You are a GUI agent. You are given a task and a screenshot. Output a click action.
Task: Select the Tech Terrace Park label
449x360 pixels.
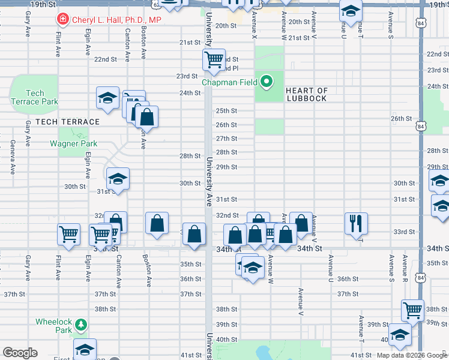[x=34, y=97]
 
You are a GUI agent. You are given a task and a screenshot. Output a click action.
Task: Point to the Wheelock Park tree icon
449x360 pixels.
[x=80, y=326]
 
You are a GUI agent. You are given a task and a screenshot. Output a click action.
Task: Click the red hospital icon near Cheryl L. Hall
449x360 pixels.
[x=62, y=20]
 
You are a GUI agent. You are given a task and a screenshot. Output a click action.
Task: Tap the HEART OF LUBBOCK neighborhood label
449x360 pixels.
[x=306, y=94]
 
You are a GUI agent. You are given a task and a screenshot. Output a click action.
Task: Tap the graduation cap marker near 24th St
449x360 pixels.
[x=108, y=98]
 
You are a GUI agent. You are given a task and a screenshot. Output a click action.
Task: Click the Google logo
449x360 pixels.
[x=20, y=353]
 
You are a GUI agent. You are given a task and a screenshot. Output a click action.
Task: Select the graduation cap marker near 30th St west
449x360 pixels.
[x=118, y=179]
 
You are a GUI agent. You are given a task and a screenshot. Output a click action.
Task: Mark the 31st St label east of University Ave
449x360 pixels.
[x=227, y=199]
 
